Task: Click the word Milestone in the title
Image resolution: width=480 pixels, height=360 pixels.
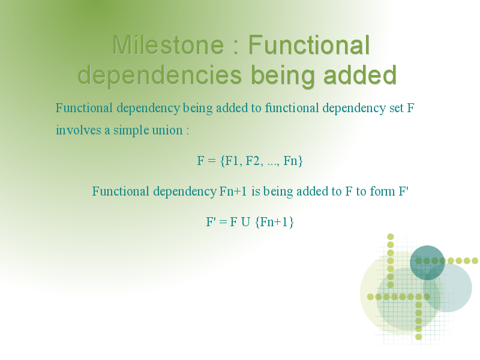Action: (168, 45)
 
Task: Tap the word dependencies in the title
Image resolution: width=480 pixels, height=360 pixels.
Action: (160, 75)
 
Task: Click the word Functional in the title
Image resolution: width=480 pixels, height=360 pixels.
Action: (308, 45)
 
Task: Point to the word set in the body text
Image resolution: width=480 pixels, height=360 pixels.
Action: (397, 108)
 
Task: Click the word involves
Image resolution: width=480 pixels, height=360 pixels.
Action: (79, 130)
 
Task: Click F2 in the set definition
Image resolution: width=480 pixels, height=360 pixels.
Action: (253, 161)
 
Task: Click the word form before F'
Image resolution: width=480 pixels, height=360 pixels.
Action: (382, 191)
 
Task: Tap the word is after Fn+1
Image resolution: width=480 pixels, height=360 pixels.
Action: (256, 191)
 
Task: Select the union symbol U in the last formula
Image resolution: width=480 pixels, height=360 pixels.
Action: (245, 222)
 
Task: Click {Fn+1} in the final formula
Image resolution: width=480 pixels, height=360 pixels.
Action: (274, 222)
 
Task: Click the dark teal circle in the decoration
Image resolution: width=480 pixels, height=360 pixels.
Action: (427, 263)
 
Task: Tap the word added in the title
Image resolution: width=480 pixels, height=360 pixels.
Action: (360, 75)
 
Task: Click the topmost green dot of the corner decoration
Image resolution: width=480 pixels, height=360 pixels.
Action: (391, 236)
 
